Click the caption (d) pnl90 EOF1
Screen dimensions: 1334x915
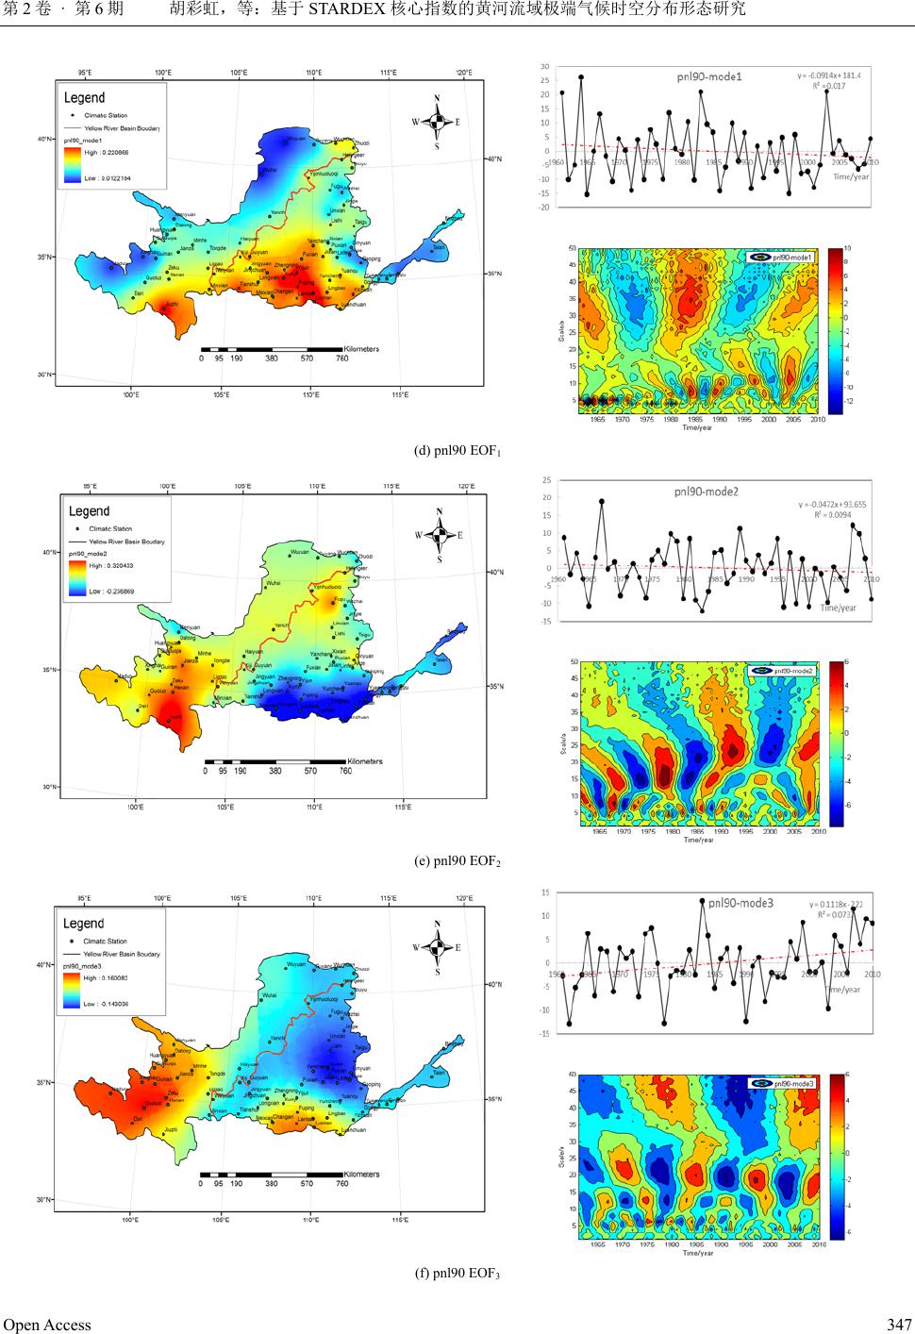tap(457, 450)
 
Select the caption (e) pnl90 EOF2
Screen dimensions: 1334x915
tap(457, 861)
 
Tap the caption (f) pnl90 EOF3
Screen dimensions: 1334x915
tap(457, 1274)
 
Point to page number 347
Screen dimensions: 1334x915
tap(899, 1324)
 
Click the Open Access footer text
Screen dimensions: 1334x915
tap(47, 1324)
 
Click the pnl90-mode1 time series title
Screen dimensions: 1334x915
tap(708, 76)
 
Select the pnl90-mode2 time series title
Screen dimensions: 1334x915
tap(707, 491)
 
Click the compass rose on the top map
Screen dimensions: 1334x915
tap(437, 122)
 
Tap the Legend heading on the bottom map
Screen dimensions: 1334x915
tap(84, 924)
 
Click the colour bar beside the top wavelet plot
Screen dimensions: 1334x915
tap(836, 330)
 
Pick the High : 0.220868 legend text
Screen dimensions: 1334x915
tap(106, 152)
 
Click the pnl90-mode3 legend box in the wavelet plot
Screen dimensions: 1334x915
tap(784, 1083)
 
